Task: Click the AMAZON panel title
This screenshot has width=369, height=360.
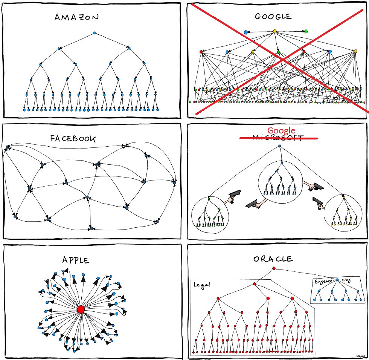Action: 76,17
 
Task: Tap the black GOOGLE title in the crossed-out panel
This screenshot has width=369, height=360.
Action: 273,17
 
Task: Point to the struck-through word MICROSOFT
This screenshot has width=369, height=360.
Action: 279,138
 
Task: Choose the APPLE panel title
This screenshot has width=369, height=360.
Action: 76,260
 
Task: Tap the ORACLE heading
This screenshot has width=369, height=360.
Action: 273,259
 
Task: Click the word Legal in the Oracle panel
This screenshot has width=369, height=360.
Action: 201,285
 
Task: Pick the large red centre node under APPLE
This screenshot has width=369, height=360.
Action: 81,309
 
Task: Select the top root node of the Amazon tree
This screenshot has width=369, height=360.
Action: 95,33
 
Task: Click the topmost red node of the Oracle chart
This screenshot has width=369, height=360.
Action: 274,268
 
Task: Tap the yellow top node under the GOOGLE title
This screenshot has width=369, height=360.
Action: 274,31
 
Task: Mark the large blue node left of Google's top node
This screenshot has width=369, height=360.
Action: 246,32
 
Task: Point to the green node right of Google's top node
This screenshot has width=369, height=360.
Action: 306,31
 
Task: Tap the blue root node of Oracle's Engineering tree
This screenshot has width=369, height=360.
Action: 337,280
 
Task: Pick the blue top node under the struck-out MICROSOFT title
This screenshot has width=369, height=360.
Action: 279,146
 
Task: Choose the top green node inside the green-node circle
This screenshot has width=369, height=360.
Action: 209,198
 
